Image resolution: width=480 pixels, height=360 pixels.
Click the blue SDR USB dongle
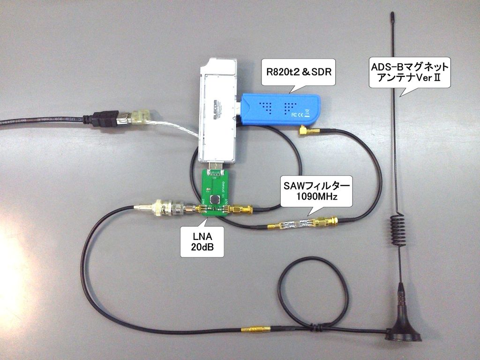(281, 109)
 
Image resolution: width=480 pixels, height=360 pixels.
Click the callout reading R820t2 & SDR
(298, 73)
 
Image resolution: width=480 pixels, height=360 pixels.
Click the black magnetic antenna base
(403, 328)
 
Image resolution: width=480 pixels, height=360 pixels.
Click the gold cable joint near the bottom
(255, 330)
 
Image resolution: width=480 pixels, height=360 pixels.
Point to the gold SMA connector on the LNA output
(242, 209)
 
